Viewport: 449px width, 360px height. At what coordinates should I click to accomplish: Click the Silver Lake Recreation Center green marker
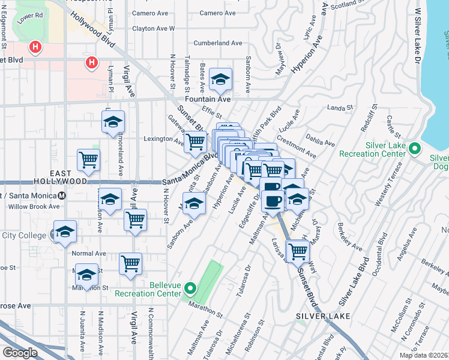[414, 148]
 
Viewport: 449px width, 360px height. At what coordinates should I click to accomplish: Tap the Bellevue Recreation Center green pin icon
[190, 288]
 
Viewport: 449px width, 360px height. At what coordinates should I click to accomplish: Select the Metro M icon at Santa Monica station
[61, 196]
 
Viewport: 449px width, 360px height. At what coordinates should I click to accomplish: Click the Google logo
[20, 352]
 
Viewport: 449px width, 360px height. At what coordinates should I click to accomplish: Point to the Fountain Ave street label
[208, 99]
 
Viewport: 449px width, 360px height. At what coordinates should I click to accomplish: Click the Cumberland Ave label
[218, 43]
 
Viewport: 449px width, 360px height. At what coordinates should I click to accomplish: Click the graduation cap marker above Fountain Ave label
[221, 79]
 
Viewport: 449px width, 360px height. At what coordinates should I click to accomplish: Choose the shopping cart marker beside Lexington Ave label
[195, 142]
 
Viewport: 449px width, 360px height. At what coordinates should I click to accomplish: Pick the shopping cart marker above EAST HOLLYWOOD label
[88, 160]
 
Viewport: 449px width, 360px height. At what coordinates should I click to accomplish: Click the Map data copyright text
[423, 355]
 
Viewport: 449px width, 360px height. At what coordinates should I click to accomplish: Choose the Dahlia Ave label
[321, 140]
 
